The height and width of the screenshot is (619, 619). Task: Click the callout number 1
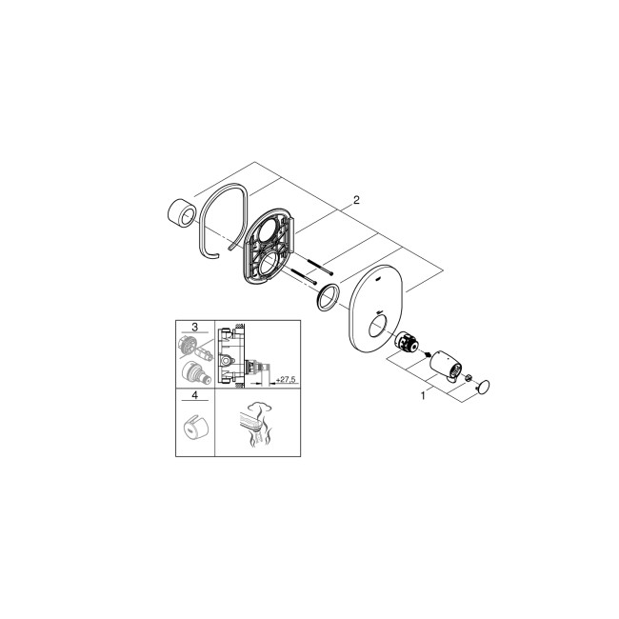pyautogui.click(x=422, y=393)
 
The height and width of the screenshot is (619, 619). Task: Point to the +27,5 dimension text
pyautogui.click(x=284, y=380)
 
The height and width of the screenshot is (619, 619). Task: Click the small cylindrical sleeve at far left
pyautogui.click(x=176, y=210)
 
